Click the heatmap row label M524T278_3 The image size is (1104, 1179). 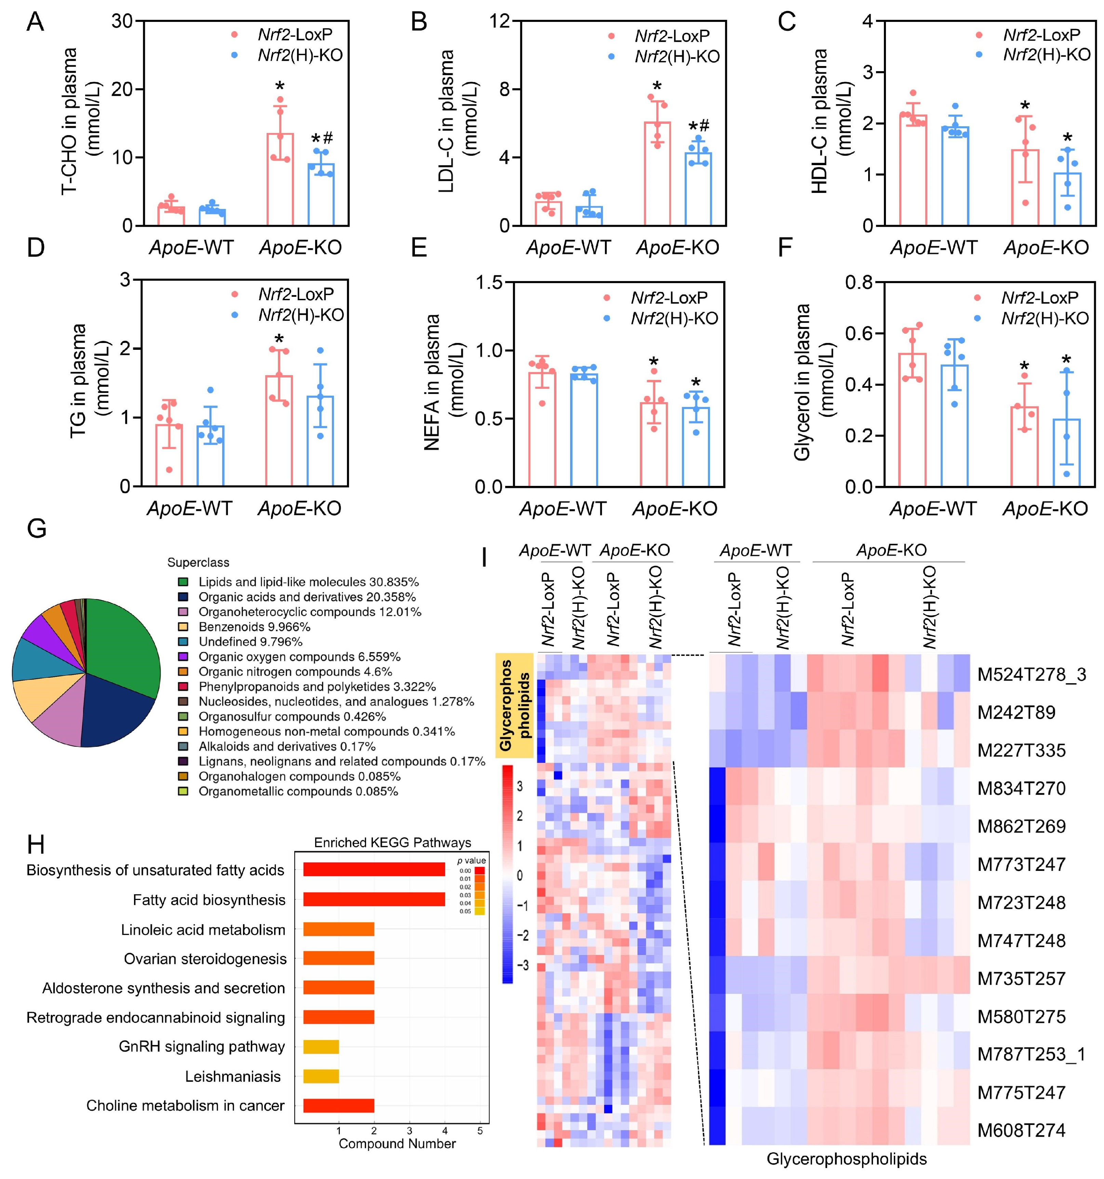[x=1032, y=675]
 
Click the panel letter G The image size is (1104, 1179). [x=37, y=528]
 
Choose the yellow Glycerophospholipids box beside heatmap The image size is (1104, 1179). [x=515, y=706]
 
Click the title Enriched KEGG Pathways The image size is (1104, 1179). [x=392, y=843]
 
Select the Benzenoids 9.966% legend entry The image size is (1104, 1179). [x=254, y=627]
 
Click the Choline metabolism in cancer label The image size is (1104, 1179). [x=186, y=1105]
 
